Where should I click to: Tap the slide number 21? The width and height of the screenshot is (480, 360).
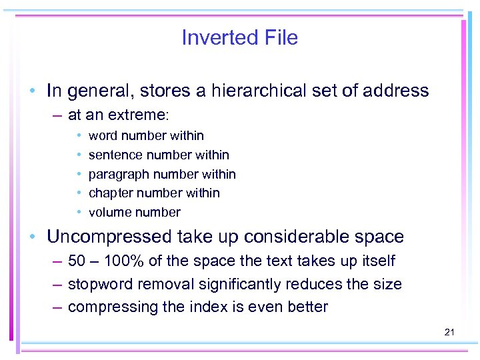click(x=449, y=331)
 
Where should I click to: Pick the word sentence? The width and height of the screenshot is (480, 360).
click(x=112, y=155)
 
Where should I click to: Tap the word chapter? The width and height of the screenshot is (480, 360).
click(x=109, y=193)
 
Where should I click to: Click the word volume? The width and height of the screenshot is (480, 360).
click(x=109, y=212)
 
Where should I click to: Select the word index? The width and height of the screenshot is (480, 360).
click(x=204, y=307)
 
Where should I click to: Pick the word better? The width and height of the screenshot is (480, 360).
click(x=307, y=307)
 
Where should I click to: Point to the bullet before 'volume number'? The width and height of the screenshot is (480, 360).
click(x=79, y=212)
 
